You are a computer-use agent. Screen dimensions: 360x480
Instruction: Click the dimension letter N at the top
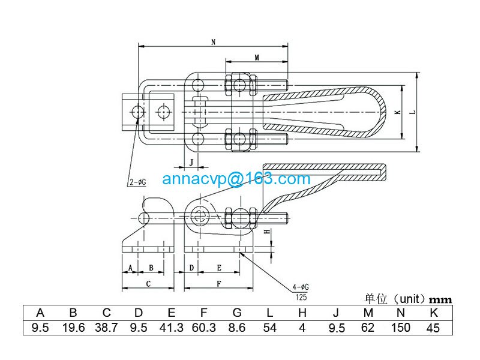pyautogui.click(x=214, y=42)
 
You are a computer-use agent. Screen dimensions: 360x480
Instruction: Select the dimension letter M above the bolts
pyautogui.click(x=256, y=58)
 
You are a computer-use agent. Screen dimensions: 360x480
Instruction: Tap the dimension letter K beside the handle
pyautogui.click(x=397, y=112)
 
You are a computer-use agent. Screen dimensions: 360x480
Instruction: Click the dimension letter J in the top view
pyautogui.click(x=191, y=162)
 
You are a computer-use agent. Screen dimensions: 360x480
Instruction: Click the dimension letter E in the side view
pyautogui.click(x=219, y=267)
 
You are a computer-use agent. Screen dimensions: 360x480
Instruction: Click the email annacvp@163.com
pyautogui.click(x=236, y=178)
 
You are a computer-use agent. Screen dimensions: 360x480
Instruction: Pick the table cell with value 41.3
pyautogui.click(x=171, y=328)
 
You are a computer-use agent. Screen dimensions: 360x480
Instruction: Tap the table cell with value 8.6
pyautogui.click(x=236, y=328)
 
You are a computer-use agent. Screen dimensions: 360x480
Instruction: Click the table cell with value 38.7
pyautogui.click(x=106, y=328)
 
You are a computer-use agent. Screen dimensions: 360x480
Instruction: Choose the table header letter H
pyautogui.click(x=302, y=313)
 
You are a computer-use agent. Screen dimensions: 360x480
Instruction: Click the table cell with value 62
pyautogui.click(x=368, y=328)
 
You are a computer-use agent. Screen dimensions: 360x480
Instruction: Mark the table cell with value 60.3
pyautogui.click(x=204, y=328)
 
